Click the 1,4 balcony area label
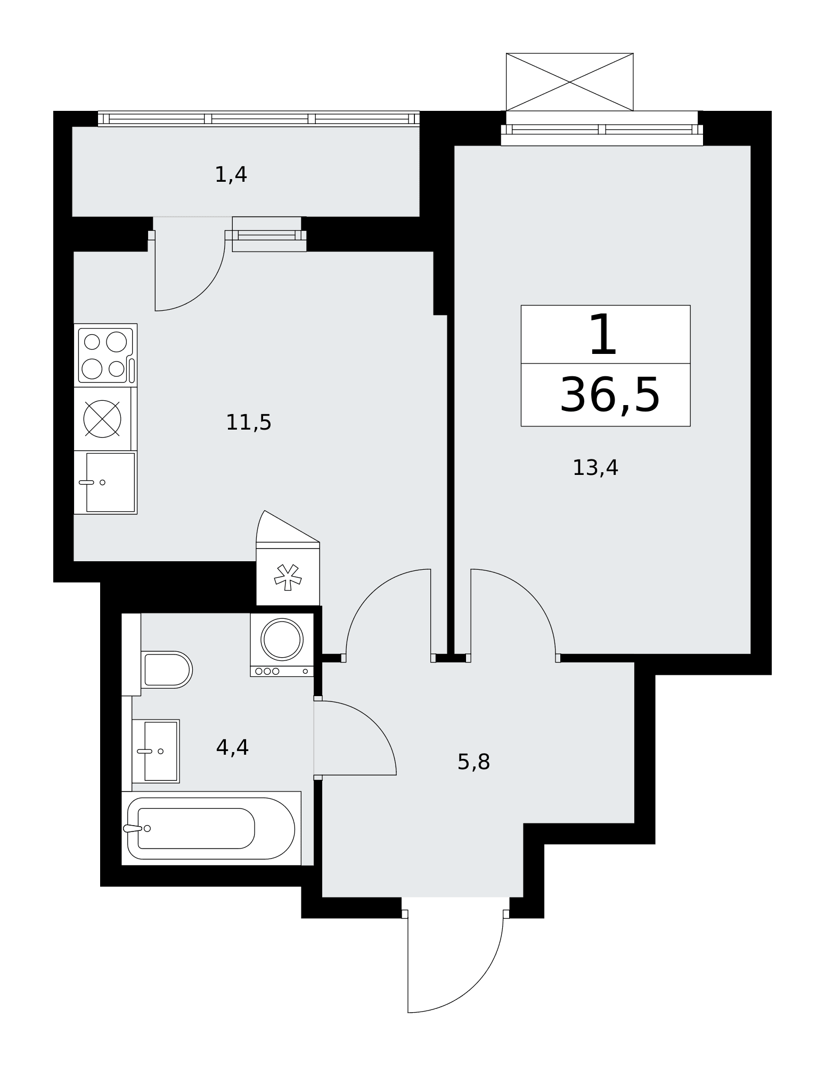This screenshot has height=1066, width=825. point(231,175)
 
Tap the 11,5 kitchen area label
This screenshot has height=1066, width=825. point(249,423)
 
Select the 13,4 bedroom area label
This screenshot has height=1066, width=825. point(595,468)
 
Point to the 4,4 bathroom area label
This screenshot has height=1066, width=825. point(232,748)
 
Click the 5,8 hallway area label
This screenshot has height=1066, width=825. point(473,762)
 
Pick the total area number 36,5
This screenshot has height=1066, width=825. point(609,395)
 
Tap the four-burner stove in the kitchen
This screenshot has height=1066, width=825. point(105,356)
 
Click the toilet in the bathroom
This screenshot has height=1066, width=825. point(167,669)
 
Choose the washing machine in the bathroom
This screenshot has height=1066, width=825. point(282,645)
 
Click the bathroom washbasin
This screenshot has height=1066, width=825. point(156,752)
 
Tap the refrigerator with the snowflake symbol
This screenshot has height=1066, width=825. point(288,574)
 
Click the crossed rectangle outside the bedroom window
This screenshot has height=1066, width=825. point(569,82)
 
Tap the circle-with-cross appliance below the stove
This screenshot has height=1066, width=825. point(102,419)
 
